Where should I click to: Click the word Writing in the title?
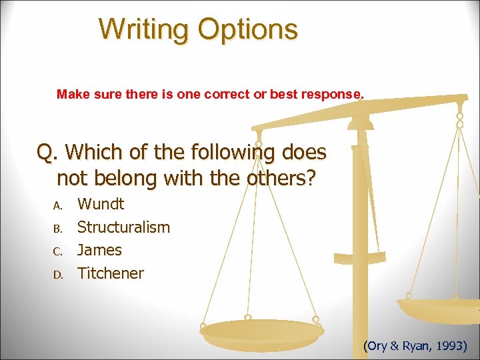tap(144, 29)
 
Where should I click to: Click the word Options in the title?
tap(247, 29)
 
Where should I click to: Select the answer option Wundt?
tap(101, 204)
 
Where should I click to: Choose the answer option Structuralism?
tap(123, 227)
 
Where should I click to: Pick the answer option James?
tap(99, 250)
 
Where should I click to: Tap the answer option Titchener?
tap(110, 273)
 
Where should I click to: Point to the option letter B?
tap(57, 229)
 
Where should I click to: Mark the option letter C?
tap(57, 251)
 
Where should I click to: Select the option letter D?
tap(57, 275)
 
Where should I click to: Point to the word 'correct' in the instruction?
tap(227, 95)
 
